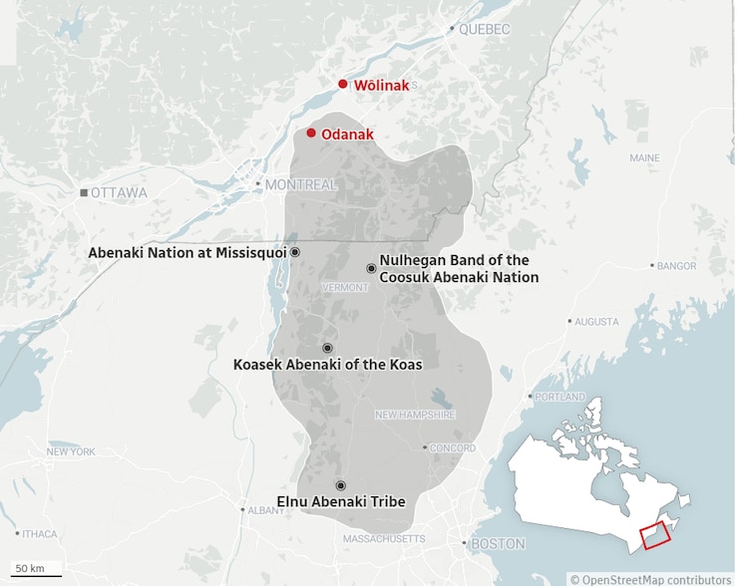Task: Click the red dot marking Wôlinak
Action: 343,85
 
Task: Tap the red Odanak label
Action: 347,135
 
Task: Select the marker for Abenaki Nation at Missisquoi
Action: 295,253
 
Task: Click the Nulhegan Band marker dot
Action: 371,268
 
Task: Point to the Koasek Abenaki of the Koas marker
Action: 327,348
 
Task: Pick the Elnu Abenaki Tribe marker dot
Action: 341,485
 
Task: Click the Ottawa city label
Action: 118,192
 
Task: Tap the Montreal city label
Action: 300,184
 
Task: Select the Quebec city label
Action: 484,30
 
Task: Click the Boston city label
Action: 497,544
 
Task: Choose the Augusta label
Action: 596,322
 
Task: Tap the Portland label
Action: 559,397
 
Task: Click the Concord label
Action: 452,448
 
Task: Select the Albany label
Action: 265,510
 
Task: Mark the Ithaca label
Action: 40,534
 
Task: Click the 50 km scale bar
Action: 37,575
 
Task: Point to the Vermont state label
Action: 345,287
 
